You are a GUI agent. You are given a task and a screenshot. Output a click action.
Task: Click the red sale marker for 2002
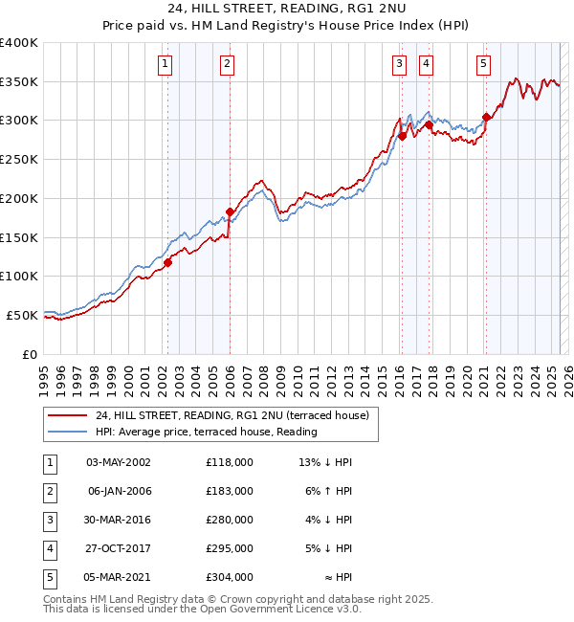[x=167, y=262]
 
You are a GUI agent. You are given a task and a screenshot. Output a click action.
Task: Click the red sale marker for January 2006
[x=230, y=211]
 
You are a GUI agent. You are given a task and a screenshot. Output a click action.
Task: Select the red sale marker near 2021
[x=486, y=118]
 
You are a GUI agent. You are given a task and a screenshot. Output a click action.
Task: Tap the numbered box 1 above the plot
[x=166, y=64]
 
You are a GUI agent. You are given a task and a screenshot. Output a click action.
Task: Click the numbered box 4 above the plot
[x=425, y=64]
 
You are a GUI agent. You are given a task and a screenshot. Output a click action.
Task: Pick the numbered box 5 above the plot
[x=483, y=64]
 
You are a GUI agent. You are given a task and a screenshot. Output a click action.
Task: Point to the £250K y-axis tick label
[x=19, y=159]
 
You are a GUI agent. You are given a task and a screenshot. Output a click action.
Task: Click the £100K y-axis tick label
[x=19, y=276]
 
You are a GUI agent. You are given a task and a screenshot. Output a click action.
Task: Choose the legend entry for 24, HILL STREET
[x=237, y=415]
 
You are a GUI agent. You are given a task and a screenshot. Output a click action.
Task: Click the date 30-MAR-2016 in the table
[x=119, y=520]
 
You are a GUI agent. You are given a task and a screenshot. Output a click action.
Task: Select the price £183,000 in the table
[x=229, y=491]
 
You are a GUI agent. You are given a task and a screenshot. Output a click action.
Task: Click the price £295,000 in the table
[x=229, y=548]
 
